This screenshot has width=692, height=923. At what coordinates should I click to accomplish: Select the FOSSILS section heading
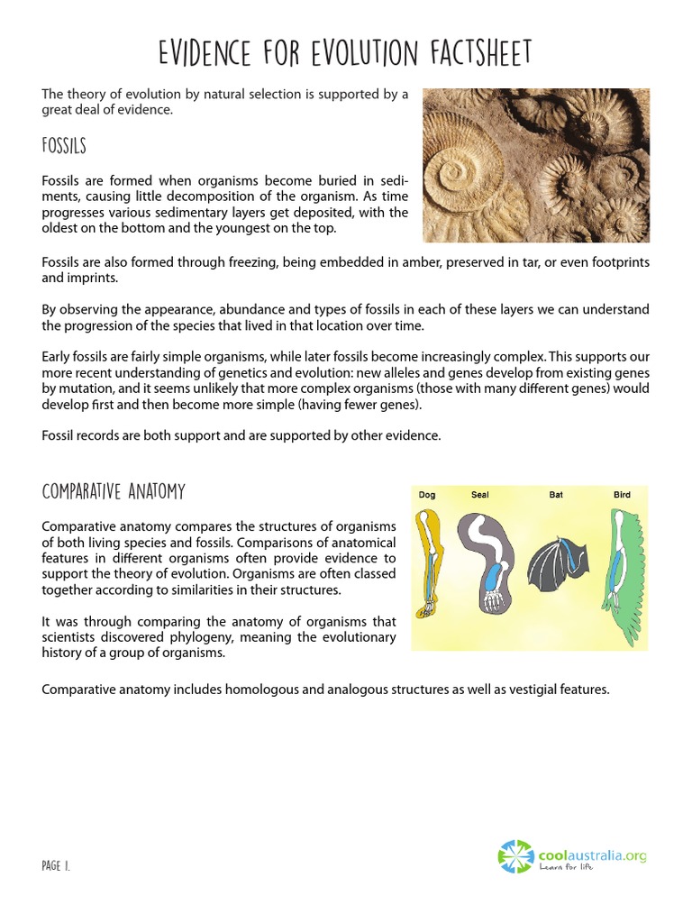tap(64, 145)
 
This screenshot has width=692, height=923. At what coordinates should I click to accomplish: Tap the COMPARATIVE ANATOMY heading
tap(114, 491)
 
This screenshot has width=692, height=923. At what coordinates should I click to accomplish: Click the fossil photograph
tap(536, 165)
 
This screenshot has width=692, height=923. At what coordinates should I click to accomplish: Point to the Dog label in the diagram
tap(427, 495)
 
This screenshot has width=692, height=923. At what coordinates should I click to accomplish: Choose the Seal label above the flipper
tap(479, 495)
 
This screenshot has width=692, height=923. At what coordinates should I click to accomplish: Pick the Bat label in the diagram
tap(556, 495)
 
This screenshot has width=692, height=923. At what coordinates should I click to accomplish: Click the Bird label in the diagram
tap(622, 495)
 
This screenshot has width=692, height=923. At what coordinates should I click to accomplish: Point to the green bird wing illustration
tap(626, 572)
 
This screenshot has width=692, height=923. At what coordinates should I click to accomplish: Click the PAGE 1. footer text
tap(56, 866)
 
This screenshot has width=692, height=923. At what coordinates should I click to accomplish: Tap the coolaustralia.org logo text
tap(593, 855)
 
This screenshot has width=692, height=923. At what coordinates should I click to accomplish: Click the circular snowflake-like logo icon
tap(516, 857)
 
